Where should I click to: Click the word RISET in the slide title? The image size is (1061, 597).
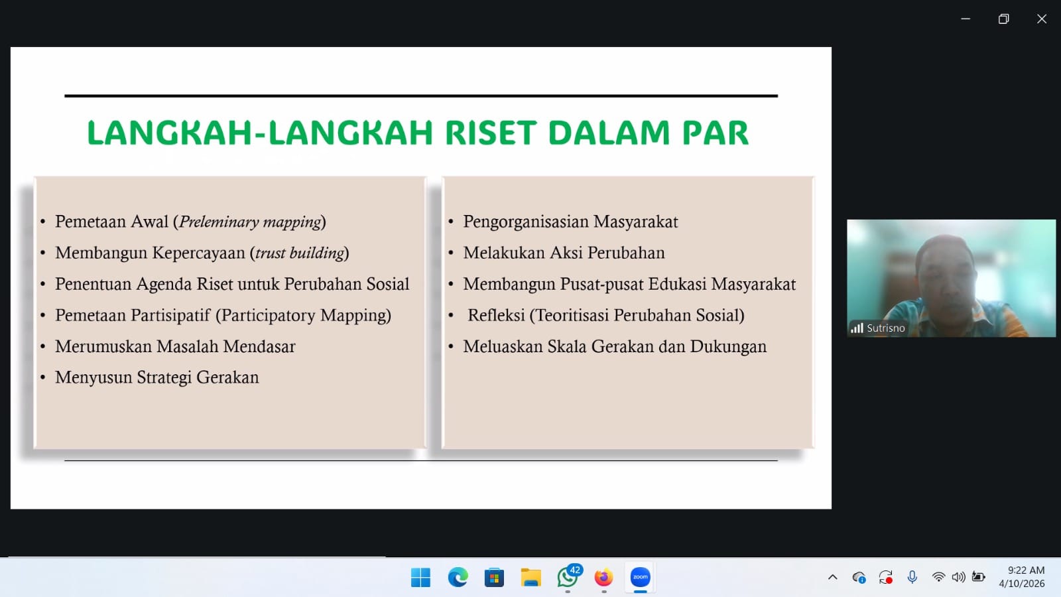click(491, 133)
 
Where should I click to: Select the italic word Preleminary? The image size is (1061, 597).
click(219, 222)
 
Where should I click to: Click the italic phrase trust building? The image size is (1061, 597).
click(300, 253)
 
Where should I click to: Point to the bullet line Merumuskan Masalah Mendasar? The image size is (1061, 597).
click(175, 346)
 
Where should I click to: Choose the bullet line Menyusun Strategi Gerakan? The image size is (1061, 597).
click(156, 377)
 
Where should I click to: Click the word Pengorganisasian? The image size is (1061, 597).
click(526, 222)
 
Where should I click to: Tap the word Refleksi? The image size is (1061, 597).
click(497, 315)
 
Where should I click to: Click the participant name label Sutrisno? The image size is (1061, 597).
click(885, 328)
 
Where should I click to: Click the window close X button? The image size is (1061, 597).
click(1042, 19)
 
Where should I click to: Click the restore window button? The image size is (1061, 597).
click(1004, 19)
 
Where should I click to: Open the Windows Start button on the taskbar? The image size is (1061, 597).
click(420, 578)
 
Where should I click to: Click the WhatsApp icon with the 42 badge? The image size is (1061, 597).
click(568, 577)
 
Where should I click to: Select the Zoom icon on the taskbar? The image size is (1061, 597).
click(641, 577)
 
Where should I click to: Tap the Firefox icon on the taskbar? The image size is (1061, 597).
click(604, 578)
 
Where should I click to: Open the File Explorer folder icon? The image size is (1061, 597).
click(531, 578)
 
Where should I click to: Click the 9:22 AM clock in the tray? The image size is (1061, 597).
click(1026, 570)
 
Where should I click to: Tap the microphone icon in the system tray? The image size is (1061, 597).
click(912, 577)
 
